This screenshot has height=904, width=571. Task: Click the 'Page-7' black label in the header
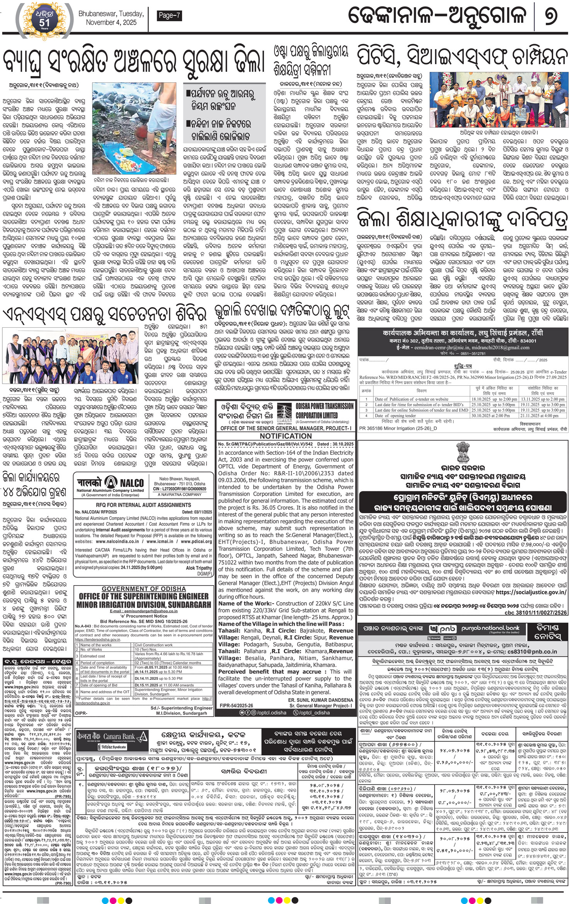[x=170, y=16]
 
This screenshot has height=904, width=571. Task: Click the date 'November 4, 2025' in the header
[x=111, y=23]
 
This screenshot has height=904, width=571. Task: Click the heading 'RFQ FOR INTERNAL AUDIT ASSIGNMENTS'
[x=143, y=505]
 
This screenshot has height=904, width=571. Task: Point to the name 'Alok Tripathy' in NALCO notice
[x=199, y=568]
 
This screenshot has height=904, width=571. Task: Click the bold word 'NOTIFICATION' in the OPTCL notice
[x=286, y=436]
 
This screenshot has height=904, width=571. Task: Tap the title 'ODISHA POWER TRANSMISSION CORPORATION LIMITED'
[x=324, y=410]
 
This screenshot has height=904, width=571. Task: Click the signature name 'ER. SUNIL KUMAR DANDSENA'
[x=320, y=700]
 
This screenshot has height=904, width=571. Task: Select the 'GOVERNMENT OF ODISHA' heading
[x=144, y=589]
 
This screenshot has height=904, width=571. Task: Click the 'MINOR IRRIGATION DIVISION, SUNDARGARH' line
[x=144, y=604]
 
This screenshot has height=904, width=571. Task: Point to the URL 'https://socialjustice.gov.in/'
[x=531, y=592]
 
